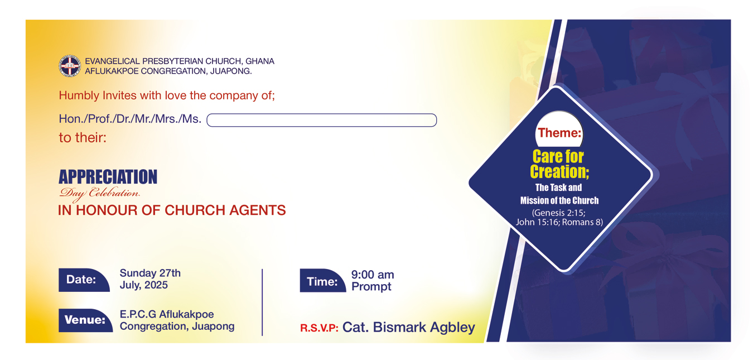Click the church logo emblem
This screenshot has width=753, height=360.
click(70, 66)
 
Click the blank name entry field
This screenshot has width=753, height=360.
click(321, 120)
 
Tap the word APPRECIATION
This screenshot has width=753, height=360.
click(108, 177)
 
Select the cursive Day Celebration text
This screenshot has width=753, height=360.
click(99, 194)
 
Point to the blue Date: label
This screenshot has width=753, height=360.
click(84, 280)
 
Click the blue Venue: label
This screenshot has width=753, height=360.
click(86, 320)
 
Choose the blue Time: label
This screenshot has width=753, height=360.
click(323, 281)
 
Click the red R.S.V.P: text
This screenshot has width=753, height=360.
click(319, 328)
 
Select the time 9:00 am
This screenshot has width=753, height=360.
click(373, 275)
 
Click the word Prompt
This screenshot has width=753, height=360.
click(371, 287)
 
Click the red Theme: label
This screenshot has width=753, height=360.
click(559, 133)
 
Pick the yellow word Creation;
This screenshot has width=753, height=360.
click(559, 172)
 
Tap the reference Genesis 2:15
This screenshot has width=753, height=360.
click(559, 213)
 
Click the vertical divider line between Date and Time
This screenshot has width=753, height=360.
click(262, 302)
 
